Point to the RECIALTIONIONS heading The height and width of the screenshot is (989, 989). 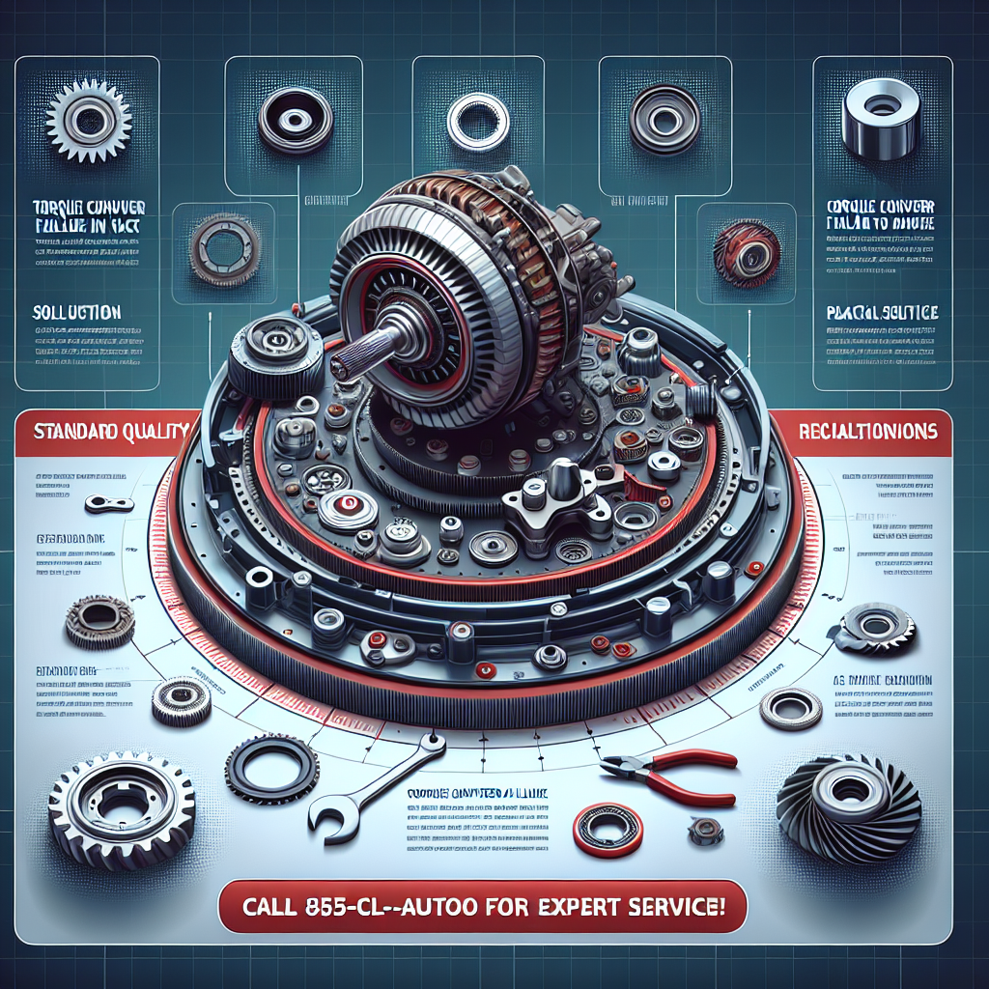click(868, 432)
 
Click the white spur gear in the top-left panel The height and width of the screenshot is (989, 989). click(88, 120)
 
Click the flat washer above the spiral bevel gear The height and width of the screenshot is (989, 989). click(790, 708)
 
